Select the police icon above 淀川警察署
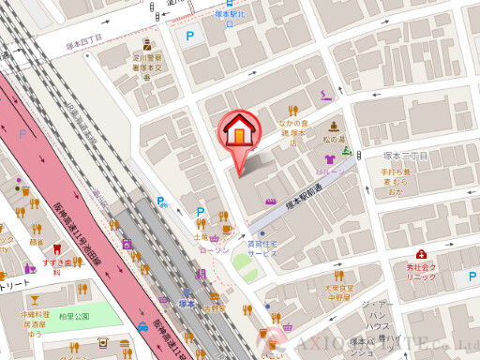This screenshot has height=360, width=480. pos(146,44)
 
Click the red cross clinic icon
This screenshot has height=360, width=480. pos(422,254)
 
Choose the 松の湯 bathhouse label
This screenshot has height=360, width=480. pos(334,141)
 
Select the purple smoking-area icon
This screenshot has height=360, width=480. pos(326,96)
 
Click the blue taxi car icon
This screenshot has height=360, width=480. pos(142,326)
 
